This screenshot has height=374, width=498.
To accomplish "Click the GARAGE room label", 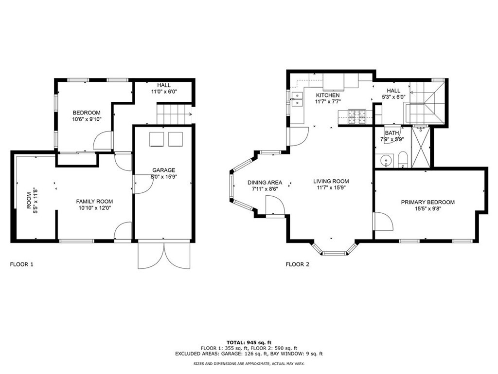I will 163,170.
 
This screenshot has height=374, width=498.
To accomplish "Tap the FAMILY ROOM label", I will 94,201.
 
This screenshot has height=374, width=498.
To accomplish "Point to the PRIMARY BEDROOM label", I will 427,202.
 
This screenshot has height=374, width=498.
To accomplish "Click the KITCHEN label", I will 328,95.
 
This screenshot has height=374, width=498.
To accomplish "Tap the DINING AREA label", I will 265,183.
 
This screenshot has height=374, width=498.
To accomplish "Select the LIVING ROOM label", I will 331,181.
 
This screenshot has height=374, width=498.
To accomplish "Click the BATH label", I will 392,133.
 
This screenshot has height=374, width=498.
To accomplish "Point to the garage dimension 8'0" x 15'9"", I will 163,177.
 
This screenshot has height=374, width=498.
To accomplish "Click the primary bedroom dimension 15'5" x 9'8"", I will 427,209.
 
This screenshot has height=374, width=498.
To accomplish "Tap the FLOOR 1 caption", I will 22,264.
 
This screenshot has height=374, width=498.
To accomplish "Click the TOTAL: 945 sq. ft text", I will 249,342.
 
